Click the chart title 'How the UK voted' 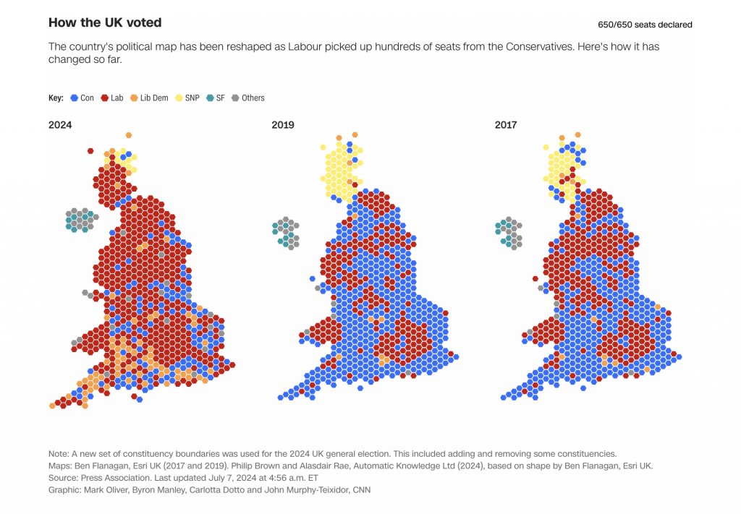click(x=105, y=23)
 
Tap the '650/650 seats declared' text click(x=645, y=25)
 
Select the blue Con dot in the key click(x=73, y=98)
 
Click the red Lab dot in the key click(x=105, y=98)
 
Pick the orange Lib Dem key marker click(x=134, y=98)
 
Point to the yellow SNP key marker click(x=179, y=98)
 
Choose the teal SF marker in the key click(x=210, y=98)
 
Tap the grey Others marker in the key click(x=235, y=98)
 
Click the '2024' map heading click(x=60, y=125)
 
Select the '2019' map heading click(x=283, y=125)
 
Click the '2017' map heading click(x=506, y=125)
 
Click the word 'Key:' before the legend click(x=56, y=98)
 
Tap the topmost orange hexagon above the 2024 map click(x=129, y=135)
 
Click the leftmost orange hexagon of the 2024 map click(x=52, y=406)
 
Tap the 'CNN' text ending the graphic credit click(x=360, y=490)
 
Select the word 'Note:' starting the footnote click(x=59, y=453)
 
